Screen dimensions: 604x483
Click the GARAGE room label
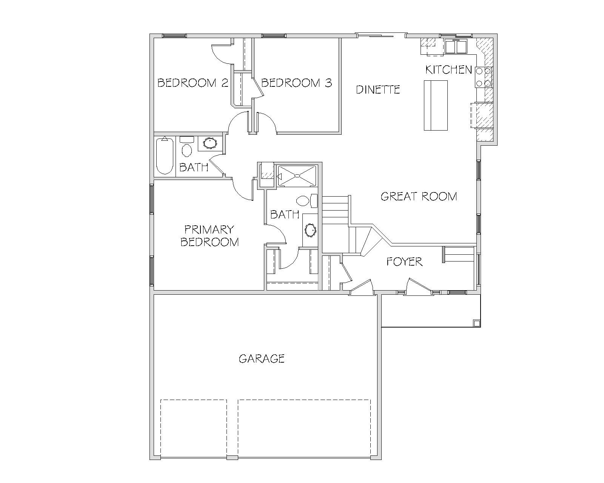click(262, 359)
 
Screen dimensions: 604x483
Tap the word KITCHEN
click(448, 70)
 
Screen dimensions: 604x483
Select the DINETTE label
click(378, 90)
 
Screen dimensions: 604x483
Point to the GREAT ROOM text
click(419, 197)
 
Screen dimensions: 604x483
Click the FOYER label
click(404, 262)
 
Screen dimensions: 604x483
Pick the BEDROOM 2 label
click(193, 83)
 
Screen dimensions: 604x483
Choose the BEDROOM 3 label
click(297, 83)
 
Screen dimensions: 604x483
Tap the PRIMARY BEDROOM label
click(210, 236)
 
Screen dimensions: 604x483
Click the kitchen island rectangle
click(435, 105)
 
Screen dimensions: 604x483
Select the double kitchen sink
click(456, 46)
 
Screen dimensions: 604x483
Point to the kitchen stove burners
click(484, 77)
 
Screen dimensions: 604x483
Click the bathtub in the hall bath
click(165, 156)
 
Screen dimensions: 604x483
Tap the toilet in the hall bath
click(186, 147)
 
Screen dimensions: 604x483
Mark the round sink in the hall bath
click(210, 143)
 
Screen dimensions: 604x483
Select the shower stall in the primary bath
click(297, 176)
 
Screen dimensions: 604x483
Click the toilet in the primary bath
click(307, 201)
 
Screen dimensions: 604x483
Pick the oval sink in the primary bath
click(310, 231)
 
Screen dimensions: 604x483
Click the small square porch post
click(476, 323)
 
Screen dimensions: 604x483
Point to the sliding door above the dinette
click(381, 35)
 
